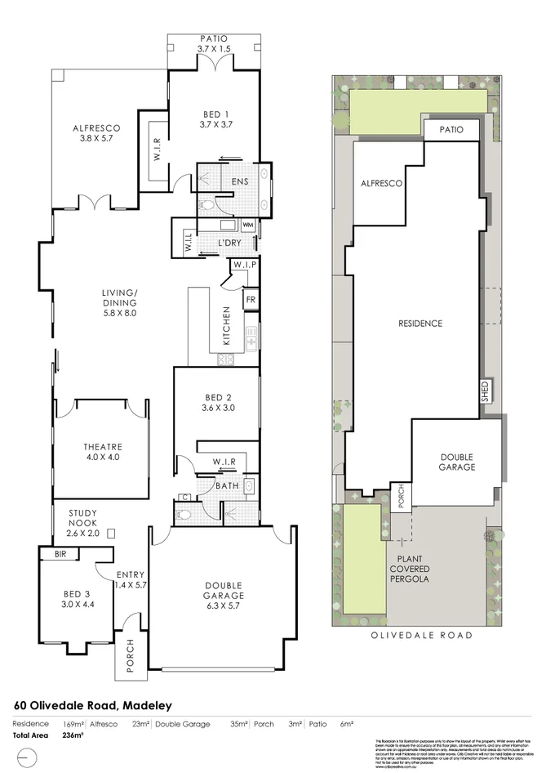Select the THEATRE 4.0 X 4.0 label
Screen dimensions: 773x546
click(x=103, y=447)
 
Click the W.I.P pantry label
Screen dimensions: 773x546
click(x=244, y=265)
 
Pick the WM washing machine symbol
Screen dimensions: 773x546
click(x=247, y=225)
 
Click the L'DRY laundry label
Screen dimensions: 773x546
click(x=229, y=244)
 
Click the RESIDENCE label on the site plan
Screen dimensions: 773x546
click(x=419, y=324)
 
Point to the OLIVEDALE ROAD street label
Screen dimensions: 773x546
click(x=416, y=635)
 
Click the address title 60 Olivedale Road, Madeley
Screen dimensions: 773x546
click(x=94, y=705)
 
